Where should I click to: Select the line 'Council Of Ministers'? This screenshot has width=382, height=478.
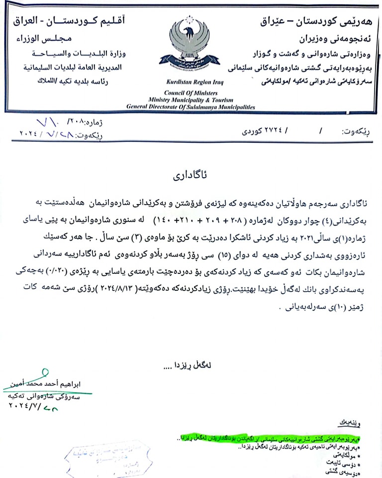(191, 93)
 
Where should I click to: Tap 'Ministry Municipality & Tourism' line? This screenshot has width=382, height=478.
(191, 100)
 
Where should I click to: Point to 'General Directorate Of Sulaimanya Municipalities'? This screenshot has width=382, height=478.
(191, 107)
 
